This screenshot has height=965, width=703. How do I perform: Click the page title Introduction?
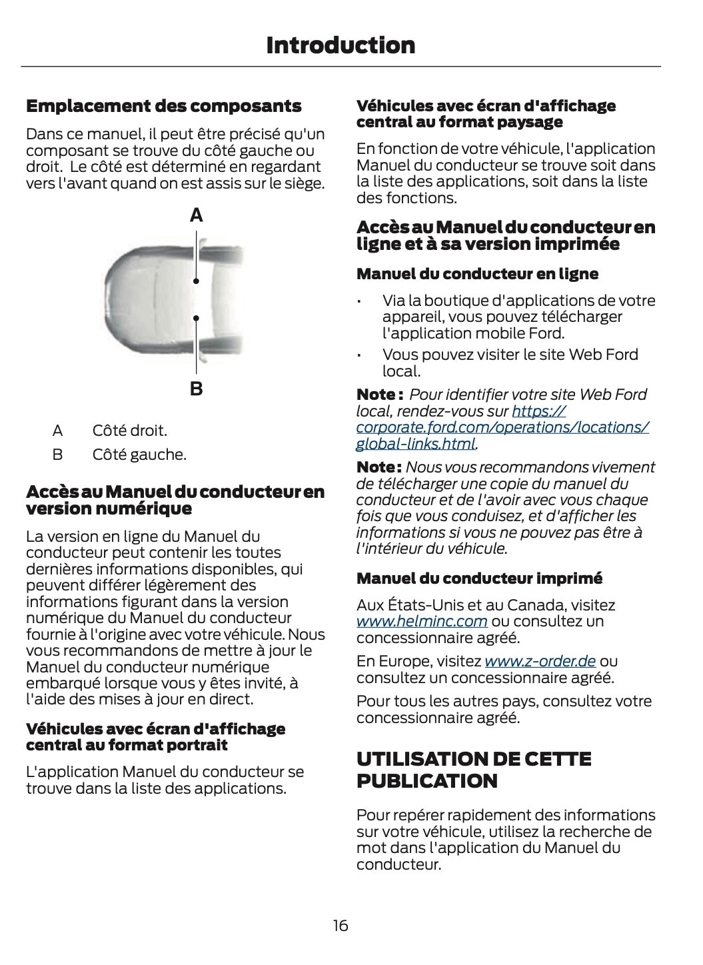[341, 45]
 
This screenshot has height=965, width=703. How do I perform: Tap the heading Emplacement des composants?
[163, 106]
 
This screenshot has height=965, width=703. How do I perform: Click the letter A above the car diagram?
[197, 215]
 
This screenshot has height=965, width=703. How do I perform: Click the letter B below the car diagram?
[197, 389]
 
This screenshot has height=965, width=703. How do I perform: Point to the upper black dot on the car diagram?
[197, 281]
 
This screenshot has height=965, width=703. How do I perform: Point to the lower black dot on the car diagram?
[197, 319]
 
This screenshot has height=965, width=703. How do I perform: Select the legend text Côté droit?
[130, 431]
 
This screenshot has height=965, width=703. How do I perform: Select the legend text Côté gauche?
[139, 455]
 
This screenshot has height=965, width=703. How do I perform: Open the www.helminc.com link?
[422, 622]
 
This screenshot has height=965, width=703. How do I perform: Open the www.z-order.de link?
[540, 662]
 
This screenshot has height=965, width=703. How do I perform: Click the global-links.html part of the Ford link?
[416, 444]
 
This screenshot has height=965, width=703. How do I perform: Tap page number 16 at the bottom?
[341, 926]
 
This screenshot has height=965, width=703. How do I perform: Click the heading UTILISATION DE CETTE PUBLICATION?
[474, 770]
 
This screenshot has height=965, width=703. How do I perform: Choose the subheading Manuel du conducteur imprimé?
[479, 578]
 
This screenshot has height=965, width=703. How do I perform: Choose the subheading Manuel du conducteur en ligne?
[477, 274]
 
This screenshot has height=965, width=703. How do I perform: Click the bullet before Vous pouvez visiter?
[359, 355]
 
